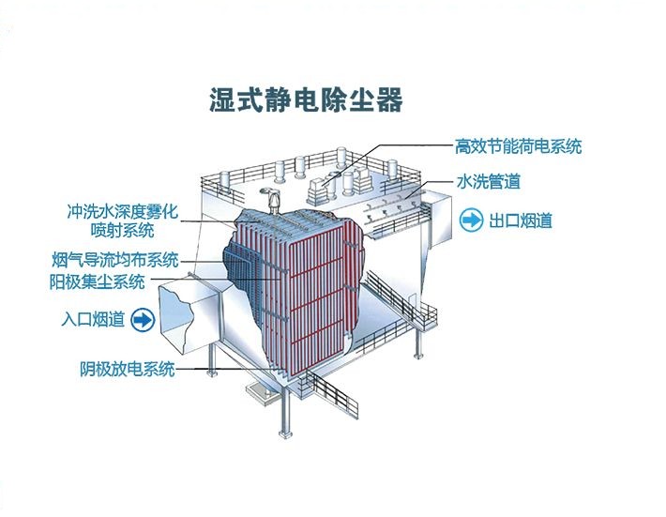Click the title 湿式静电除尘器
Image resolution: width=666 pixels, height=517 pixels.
[306, 99]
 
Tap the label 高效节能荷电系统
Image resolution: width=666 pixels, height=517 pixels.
[518, 146]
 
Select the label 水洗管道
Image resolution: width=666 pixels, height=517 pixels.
[489, 181]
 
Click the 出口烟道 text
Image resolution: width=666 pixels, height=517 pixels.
[521, 220]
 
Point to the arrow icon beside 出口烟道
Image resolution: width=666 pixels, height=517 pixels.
[472, 220]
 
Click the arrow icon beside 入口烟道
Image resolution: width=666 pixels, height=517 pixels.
[143, 319]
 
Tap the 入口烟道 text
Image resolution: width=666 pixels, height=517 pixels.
[93, 319]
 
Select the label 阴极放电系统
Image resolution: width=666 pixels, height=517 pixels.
[128, 369]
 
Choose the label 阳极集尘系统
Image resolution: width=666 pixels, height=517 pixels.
[97, 281]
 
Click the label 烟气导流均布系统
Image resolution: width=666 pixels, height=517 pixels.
[115, 260]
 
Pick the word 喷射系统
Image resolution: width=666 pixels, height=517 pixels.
[122, 231]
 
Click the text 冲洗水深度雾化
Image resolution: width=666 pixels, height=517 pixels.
[122, 211]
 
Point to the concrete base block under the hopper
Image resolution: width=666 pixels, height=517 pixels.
[263, 395]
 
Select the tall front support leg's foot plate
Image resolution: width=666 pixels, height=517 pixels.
[285, 434]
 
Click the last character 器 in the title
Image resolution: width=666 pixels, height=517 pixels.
[389, 99]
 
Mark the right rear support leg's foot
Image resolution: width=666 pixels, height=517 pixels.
[418, 356]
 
